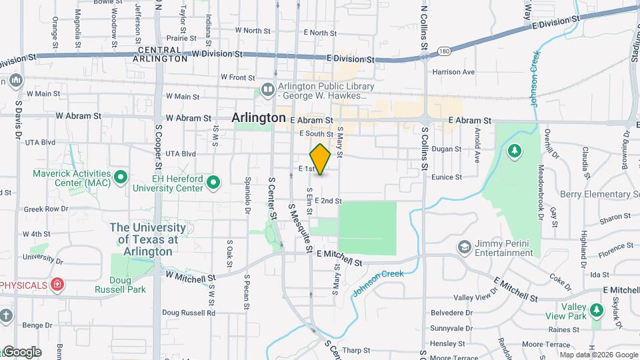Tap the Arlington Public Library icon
coord(267,89)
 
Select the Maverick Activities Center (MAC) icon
coord(121,177)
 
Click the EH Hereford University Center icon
coord(213,181)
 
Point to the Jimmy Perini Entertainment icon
coord(463,247)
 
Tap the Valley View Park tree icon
coord(597,310)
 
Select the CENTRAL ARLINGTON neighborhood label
coord(160,55)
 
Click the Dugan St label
coord(447,149)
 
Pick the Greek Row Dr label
coord(46,209)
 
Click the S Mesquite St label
coord(299,229)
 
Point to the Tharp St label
coord(357,349)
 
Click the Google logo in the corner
coord(21,352)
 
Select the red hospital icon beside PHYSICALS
coord(58,285)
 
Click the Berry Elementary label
coord(600,194)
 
